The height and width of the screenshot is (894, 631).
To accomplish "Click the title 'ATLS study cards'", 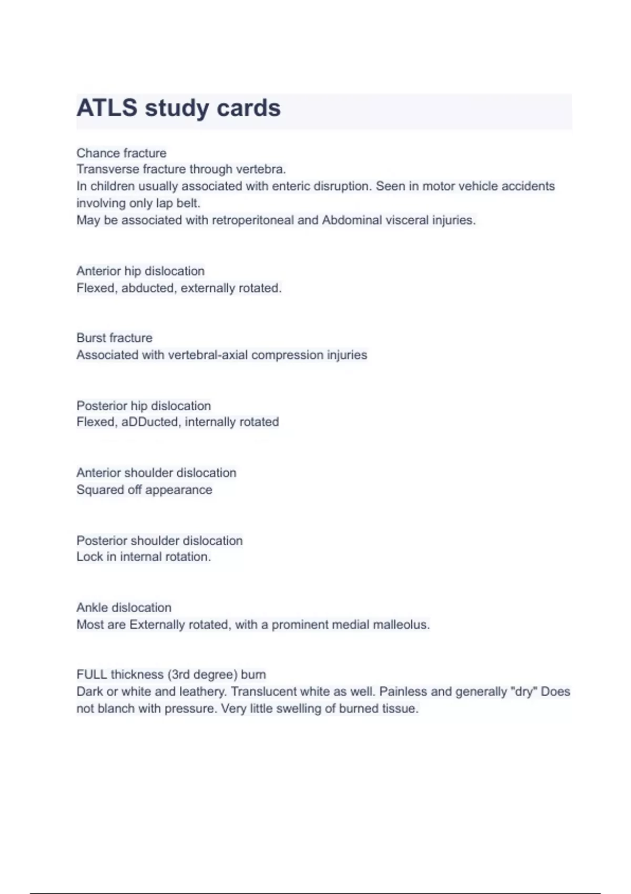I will click(178, 108).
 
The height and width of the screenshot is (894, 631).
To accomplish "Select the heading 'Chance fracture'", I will click(121, 153).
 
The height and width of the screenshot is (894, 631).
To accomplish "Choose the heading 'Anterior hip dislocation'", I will click(140, 271).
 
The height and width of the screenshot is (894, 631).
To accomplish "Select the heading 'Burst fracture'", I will click(115, 338).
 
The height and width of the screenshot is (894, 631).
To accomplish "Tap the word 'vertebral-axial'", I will click(208, 355).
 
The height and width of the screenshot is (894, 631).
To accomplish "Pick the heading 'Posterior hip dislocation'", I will click(144, 406).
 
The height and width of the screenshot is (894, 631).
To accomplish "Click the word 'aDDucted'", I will click(150, 422).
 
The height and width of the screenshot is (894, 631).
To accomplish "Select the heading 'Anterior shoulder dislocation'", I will click(156, 473).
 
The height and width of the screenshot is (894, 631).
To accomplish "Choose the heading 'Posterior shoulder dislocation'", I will click(159, 541).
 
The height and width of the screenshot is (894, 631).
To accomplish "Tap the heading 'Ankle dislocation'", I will click(124, 608).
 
